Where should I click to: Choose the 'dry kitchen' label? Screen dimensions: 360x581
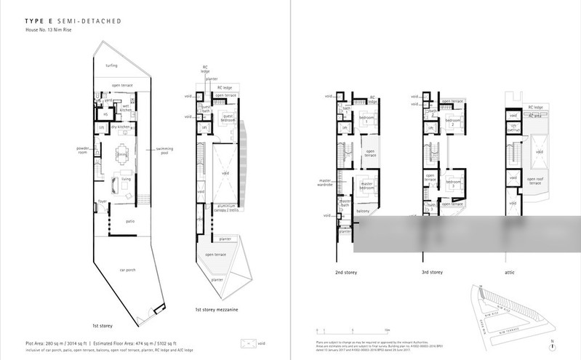coord(120,127)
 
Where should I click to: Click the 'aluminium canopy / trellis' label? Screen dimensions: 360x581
coord(226,208)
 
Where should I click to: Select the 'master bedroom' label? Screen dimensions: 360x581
coord(372,185)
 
